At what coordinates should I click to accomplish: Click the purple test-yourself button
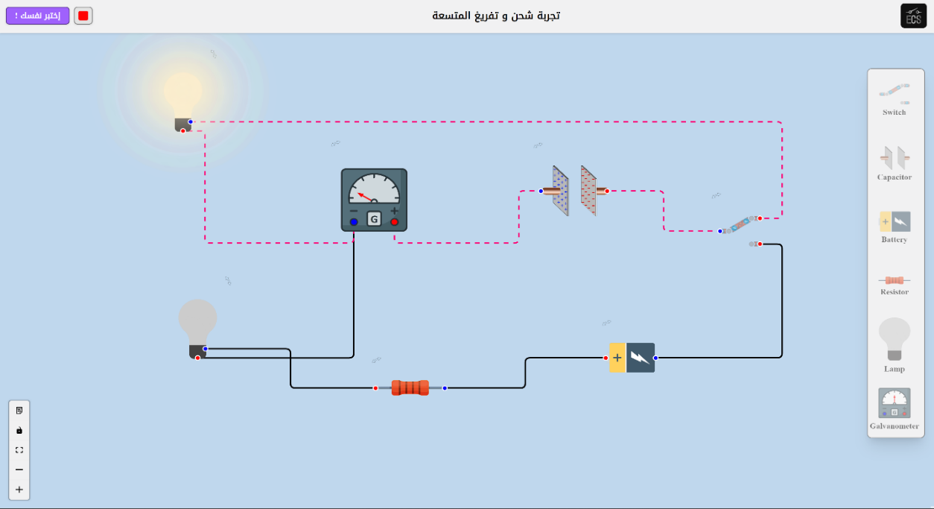tap(37, 16)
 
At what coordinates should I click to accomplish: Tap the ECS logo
tap(913, 16)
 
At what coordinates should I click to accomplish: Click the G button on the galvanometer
tap(374, 218)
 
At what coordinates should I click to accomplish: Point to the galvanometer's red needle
tap(365, 197)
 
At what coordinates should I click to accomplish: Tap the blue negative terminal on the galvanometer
tap(354, 222)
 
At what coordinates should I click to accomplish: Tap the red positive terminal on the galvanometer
tap(394, 222)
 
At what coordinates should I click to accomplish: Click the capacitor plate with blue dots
tap(560, 191)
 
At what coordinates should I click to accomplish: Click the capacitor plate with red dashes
tap(588, 191)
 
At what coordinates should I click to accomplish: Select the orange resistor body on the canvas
tap(410, 388)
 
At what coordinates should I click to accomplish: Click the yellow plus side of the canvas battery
tap(617, 358)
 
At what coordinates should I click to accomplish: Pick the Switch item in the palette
tap(894, 100)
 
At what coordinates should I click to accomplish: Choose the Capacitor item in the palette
tap(894, 163)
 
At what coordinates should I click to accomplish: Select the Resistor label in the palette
tap(894, 291)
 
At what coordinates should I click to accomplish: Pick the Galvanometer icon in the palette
tap(894, 403)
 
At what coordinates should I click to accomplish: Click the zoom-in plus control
tap(19, 490)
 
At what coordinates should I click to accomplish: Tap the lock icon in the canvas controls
tap(19, 430)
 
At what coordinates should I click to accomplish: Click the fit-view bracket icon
tap(19, 450)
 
